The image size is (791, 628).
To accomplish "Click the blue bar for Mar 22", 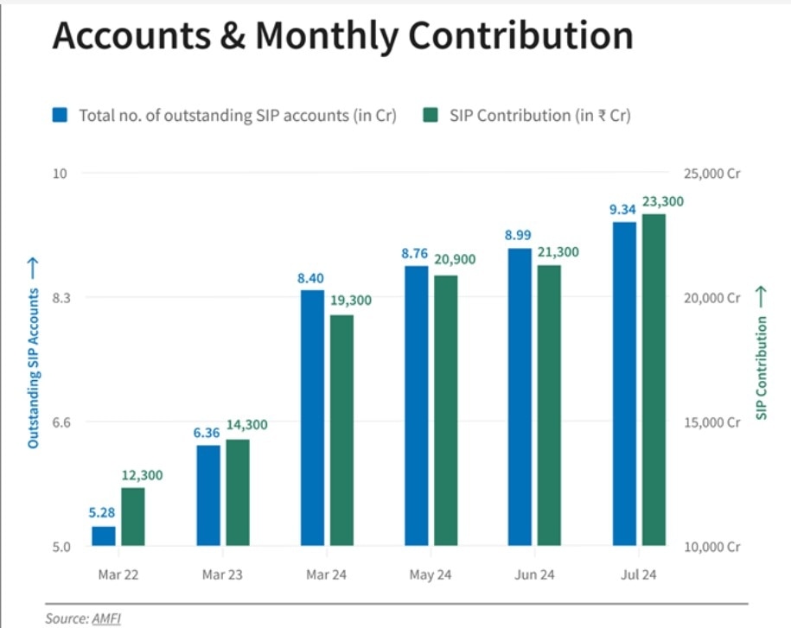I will click(104, 536).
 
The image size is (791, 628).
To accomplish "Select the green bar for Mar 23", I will click(238, 492).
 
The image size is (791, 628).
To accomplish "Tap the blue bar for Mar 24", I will click(312, 418).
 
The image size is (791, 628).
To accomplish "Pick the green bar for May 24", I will click(445, 410).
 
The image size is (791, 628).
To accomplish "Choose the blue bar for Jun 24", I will click(520, 397).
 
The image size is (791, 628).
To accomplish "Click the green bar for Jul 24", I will click(654, 380).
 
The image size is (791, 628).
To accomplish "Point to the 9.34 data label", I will click(623, 209).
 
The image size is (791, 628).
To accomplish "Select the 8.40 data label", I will click(312, 277).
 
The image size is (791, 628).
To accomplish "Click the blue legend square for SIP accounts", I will click(60, 115).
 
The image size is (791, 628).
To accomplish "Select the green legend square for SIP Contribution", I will click(431, 115).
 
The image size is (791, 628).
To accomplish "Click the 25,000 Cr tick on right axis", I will click(712, 174).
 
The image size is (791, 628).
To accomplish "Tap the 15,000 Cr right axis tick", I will click(712, 422).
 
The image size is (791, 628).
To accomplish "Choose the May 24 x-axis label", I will click(431, 574).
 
